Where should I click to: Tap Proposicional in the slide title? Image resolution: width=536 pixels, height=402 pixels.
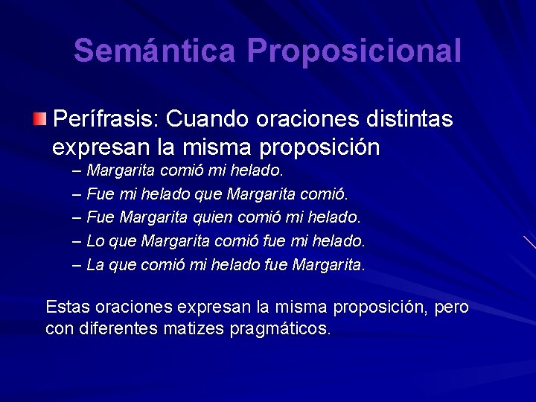tap(354, 51)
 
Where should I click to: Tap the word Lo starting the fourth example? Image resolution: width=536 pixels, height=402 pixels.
tap(95, 241)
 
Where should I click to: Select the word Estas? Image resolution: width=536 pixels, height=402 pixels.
tap(71, 307)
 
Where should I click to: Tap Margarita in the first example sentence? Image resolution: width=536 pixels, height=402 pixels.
tap(121, 170)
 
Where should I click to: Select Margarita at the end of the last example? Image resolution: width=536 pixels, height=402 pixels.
tap(328, 264)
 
